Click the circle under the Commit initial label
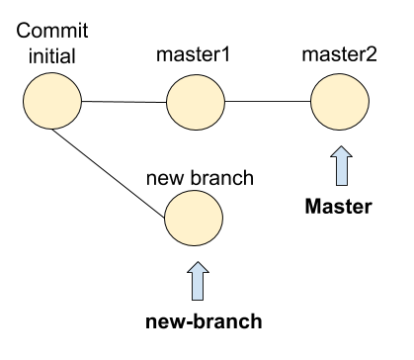click(x=52, y=101)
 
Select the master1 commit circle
click(x=196, y=102)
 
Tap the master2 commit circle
click(x=340, y=102)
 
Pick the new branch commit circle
click(x=194, y=218)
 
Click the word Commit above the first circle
click(x=52, y=31)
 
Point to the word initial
click(x=52, y=56)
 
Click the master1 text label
click(x=193, y=54)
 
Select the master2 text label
click(x=340, y=54)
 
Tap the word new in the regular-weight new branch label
click(x=165, y=179)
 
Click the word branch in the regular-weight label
click(x=222, y=178)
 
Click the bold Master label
click(x=339, y=207)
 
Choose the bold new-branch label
click(x=204, y=321)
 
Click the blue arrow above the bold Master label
click(x=342, y=165)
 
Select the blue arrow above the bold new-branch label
click(x=198, y=281)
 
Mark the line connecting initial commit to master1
click(x=124, y=102)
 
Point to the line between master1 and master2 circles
click(x=268, y=102)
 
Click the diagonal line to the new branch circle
click(x=109, y=174)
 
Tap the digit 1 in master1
click(x=225, y=55)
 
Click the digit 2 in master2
click(x=372, y=55)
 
